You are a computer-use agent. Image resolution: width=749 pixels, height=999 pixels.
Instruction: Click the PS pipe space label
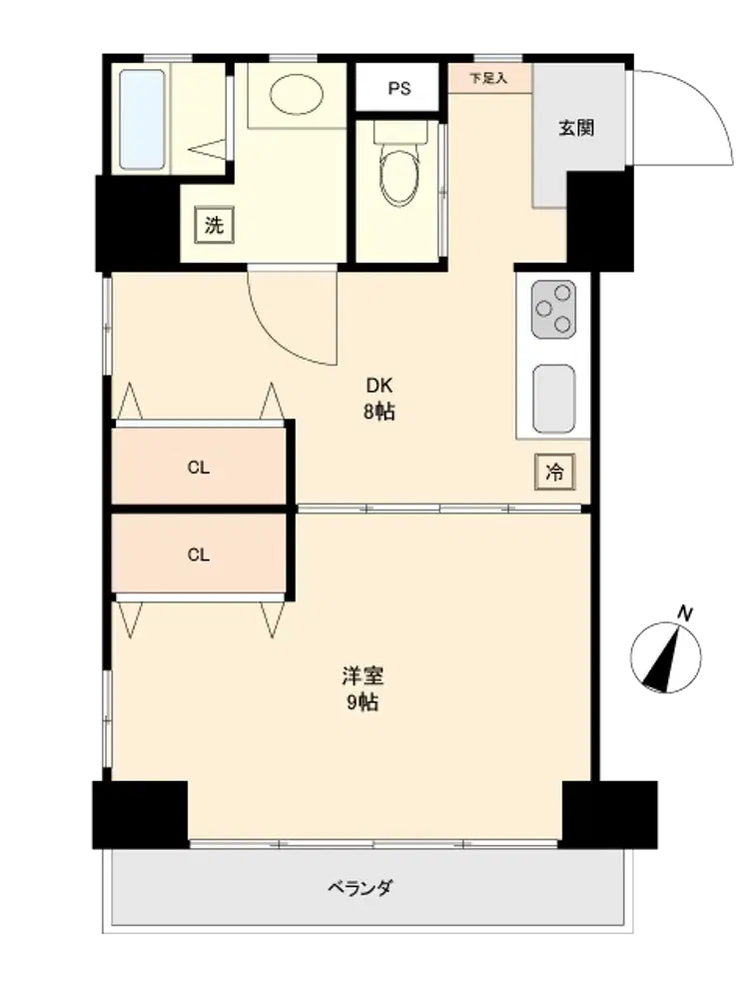399,89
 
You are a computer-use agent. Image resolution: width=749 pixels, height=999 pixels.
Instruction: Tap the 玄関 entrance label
576,128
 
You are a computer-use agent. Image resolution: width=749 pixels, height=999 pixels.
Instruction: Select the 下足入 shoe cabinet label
488,78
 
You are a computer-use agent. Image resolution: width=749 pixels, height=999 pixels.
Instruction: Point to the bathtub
142,120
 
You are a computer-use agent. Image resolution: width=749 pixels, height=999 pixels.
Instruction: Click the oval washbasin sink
297,94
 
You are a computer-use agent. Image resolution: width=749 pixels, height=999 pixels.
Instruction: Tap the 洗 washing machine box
214,225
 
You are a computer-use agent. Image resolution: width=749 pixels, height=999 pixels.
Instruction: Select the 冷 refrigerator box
554,473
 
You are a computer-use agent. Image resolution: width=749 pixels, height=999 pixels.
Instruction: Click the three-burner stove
553,309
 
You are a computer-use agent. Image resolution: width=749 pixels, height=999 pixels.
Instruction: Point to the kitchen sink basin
554,399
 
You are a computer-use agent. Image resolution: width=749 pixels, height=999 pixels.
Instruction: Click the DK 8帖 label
379,399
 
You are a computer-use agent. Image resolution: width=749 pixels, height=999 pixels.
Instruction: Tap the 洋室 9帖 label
363,688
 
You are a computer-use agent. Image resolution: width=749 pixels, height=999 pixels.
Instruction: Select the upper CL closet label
198,468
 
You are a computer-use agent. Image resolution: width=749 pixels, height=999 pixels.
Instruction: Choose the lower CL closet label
198,554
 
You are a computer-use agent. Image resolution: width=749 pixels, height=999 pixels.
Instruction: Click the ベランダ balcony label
361,887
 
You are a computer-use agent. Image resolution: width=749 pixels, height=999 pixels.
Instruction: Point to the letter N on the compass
685,614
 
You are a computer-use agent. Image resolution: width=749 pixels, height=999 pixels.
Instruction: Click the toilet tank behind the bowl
400,132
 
